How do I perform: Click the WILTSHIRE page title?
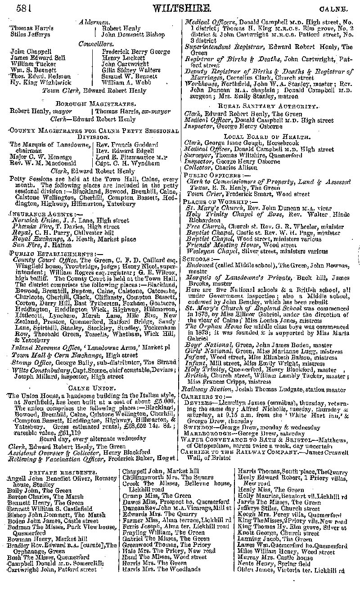pos(181,8)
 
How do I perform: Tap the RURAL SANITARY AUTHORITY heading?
pos(267,106)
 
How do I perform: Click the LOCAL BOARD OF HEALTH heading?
pos(267,136)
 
